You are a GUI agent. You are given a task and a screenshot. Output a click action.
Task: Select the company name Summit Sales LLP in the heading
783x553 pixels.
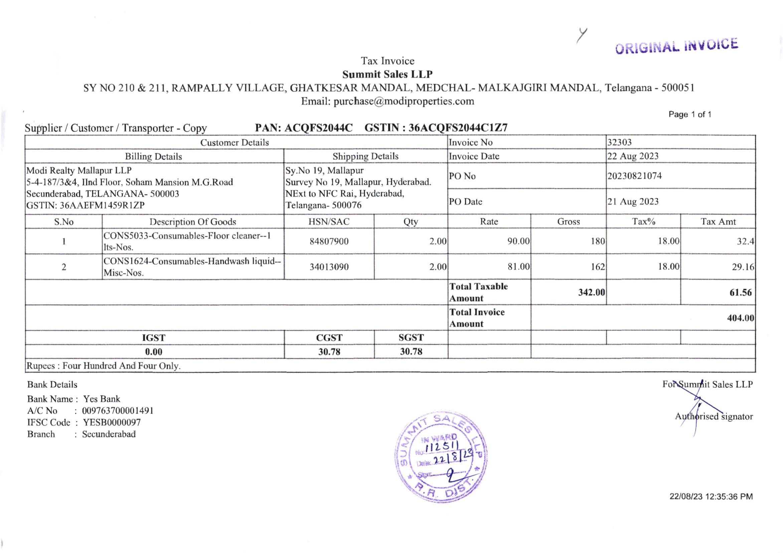coord(387,74)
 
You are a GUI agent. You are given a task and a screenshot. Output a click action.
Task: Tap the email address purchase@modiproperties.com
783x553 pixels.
coord(404,101)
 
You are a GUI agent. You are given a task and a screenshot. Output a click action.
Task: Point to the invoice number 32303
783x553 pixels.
coord(619,142)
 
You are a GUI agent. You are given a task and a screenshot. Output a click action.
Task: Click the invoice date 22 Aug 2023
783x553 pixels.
coord(633,156)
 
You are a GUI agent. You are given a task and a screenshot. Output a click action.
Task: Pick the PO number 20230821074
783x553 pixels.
coord(634,176)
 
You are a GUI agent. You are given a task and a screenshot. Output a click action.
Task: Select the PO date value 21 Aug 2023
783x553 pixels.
coord(633,201)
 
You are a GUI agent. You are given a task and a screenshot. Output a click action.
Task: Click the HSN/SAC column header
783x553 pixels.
coord(329,222)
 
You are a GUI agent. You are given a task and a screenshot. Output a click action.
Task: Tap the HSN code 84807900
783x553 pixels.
coord(329,241)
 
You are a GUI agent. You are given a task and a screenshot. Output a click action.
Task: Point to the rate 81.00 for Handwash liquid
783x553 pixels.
coord(518,266)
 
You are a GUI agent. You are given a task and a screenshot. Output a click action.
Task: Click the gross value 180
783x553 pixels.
coord(598,241)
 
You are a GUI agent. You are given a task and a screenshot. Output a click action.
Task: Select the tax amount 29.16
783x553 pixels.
coord(743,266)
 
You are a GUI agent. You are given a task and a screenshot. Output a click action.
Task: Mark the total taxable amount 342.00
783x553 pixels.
coord(591,292)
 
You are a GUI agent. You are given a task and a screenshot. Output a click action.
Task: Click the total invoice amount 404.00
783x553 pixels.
coord(740,318)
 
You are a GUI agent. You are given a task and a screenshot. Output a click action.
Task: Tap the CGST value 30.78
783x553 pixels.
coord(329,352)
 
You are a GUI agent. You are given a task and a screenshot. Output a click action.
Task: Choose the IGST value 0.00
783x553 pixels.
coord(153,352)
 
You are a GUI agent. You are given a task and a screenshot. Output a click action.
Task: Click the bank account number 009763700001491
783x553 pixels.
coord(118,410)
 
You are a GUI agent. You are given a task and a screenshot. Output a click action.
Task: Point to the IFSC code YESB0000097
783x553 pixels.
coord(112,422)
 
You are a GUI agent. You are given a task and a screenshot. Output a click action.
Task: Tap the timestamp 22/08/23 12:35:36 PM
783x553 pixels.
coord(711,497)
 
